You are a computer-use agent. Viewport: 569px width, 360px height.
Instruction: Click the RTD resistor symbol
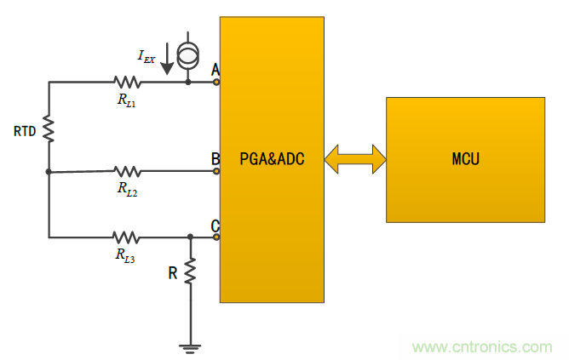(49, 130)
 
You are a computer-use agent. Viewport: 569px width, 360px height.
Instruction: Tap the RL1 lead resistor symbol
(127, 83)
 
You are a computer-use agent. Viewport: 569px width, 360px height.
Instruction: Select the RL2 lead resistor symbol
(127, 171)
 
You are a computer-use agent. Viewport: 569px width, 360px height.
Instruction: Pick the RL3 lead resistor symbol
(127, 237)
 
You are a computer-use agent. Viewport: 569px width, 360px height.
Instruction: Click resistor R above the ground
(190, 271)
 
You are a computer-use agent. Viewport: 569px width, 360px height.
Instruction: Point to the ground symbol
(190, 346)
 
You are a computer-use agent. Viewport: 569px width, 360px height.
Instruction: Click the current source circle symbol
(187, 56)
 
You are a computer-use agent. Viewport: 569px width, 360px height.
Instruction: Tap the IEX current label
(147, 56)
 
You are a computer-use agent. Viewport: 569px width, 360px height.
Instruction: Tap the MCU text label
(465, 158)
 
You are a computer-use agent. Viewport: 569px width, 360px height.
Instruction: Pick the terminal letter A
(215, 69)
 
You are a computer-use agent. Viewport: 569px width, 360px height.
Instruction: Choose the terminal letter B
(215, 158)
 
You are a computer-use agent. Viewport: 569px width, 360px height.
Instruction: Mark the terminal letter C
(215, 226)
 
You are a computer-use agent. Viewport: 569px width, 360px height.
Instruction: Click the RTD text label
(25, 131)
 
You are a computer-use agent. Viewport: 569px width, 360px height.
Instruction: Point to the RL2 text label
(128, 189)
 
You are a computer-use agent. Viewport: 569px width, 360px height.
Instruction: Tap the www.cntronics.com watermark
(482, 347)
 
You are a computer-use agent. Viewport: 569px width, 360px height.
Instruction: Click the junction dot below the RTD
(49, 171)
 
